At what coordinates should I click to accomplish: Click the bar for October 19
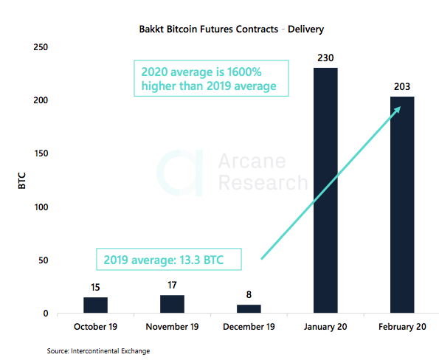(95, 305)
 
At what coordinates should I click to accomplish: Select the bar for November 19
(172, 304)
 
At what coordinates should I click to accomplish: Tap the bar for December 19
(249, 309)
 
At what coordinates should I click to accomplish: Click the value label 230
(325, 56)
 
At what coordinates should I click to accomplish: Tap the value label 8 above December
(249, 294)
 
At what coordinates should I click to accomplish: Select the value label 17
(172, 284)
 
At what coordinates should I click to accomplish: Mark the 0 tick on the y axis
(45, 314)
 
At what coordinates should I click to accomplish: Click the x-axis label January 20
(325, 327)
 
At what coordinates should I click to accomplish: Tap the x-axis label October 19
(95, 327)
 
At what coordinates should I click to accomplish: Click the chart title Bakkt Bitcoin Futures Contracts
(221, 30)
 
